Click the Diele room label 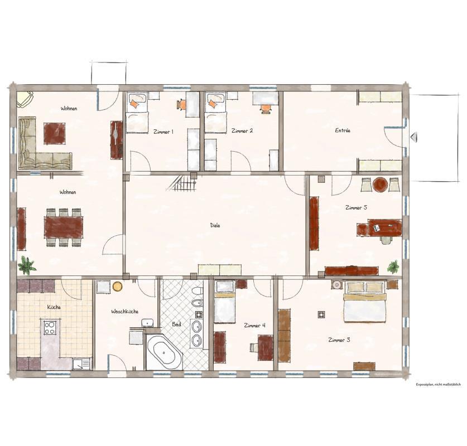click(215, 225)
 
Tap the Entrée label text click(343, 130)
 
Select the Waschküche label click(125, 311)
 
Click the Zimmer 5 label click(356, 207)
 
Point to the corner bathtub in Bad click(163, 352)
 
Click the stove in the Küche click(50, 327)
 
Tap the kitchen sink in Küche click(81, 363)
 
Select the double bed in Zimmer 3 click(364, 302)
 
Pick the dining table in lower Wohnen click(64, 227)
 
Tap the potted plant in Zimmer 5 click(394, 266)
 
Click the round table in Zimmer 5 click(380, 184)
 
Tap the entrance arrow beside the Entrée click(413, 137)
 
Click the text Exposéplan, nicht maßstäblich click(438, 385)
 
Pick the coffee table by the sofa click(54, 133)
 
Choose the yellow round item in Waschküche click(117, 287)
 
